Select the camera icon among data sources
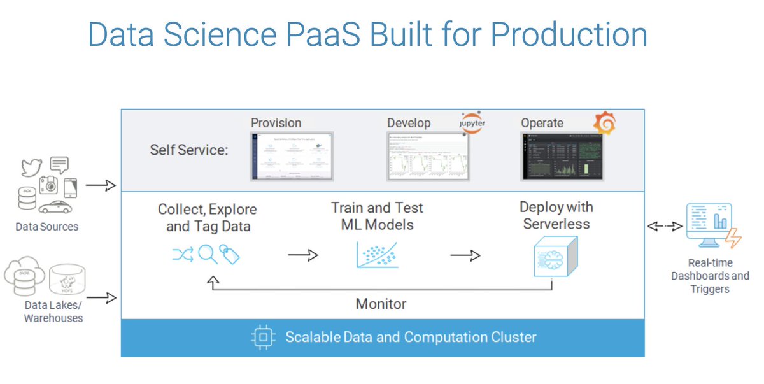[x=48, y=185]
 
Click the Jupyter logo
[x=471, y=122]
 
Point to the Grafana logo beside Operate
[x=604, y=123]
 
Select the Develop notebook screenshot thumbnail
[x=427, y=157]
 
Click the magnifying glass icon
[x=208, y=255]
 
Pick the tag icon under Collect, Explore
[x=229, y=255]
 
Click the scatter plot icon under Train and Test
[x=378, y=254]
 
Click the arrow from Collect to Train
[x=302, y=255]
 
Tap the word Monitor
[x=381, y=304]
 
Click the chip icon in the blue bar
[x=262, y=337]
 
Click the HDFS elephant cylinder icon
[x=63, y=281]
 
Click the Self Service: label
[x=189, y=150]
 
